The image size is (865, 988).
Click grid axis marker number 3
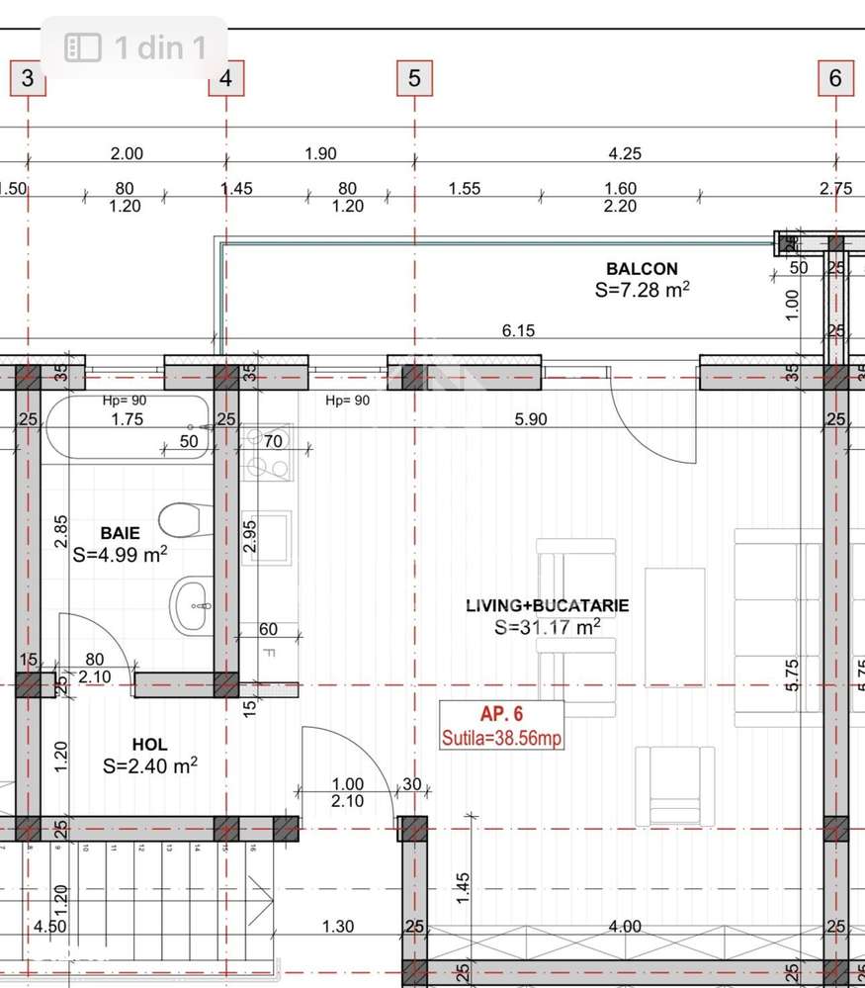click(x=28, y=78)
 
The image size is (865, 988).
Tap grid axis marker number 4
click(x=226, y=78)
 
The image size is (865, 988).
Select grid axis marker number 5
click(x=414, y=78)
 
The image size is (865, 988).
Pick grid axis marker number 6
click(x=835, y=78)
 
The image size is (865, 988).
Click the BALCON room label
click(x=642, y=269)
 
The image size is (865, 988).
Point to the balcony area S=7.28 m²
click(x=642, y=290)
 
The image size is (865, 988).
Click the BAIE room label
click(x=120, y=533)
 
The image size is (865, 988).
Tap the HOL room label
click(x=149, y=744)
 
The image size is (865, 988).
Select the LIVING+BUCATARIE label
click(x=548, y=605)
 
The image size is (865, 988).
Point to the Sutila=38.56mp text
click(x=502, y=737)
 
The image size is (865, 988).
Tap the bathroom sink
click(x=192, y=603)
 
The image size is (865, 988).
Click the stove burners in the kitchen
click(x=266, y=453)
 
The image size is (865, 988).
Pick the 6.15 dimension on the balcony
click(x=518, y=330)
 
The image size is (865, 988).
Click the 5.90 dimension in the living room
click(x=530, y=419)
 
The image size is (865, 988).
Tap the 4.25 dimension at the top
click(x=625, y=153)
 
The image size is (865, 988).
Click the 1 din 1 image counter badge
click(x=135, y=46)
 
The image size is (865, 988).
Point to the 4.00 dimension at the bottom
click(x=625, y=927)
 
